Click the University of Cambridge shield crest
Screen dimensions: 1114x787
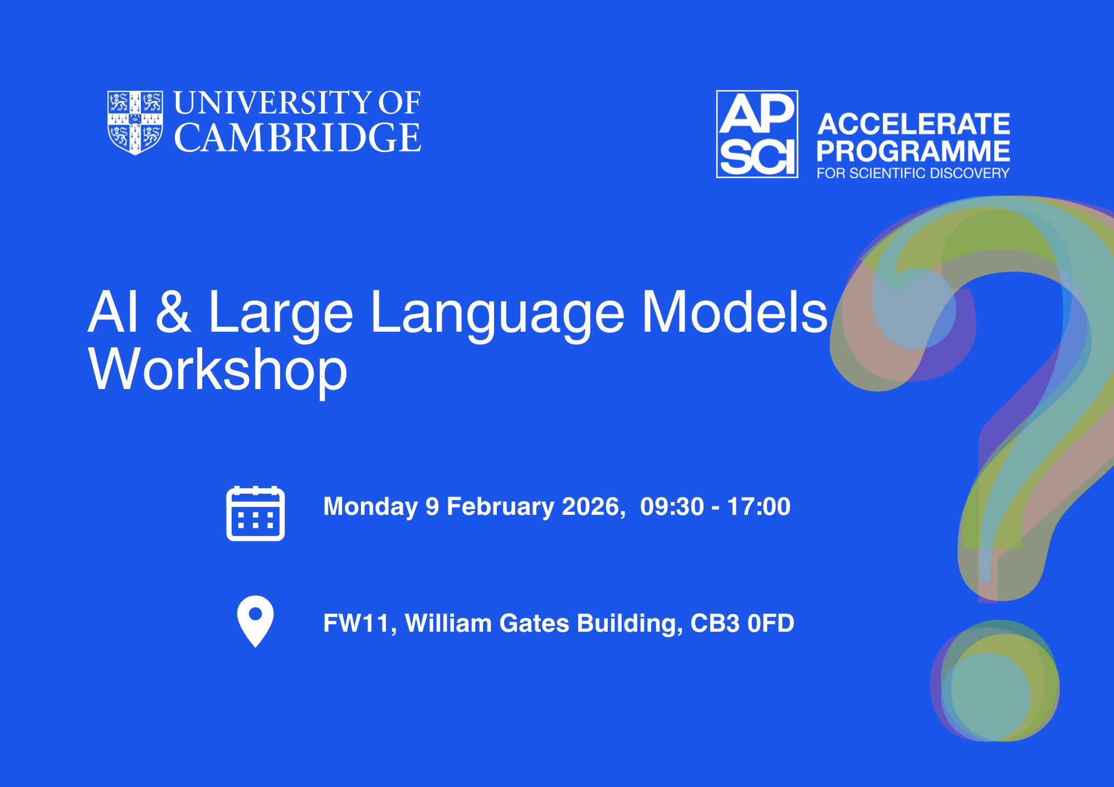pos(135,122)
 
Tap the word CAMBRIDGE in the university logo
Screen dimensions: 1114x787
pos(297,137)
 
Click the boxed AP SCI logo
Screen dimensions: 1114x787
pos(757,134)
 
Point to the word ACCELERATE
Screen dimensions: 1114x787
pos(913,124)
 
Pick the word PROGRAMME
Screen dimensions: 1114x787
pos(913,151)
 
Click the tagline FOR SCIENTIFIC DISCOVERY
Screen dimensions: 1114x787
pos(913,173)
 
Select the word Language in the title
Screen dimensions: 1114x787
pos(497,314)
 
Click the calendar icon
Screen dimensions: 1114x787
pos(256,513)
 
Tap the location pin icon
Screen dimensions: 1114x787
pos(255,622)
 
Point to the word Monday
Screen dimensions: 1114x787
pos(370,507)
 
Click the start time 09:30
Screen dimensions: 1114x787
pos(672,506)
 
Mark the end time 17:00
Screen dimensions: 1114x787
pos(759,506)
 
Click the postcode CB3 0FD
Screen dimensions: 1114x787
pos(742,623)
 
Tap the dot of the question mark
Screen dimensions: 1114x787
pos(995,681)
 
